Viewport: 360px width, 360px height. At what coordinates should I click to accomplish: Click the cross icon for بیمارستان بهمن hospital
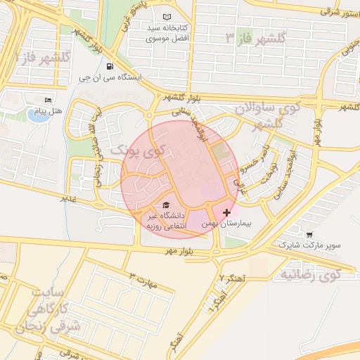[226, 212]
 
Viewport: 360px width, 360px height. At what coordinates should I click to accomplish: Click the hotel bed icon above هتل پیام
[48, 100]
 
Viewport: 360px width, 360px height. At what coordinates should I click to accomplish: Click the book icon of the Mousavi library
[166, 17]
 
